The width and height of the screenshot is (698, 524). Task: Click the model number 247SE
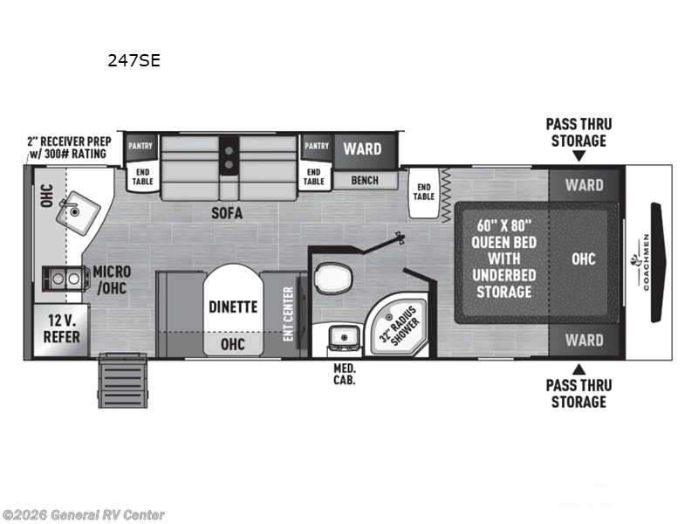(133, 61)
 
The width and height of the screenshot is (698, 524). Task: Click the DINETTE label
(232, 307)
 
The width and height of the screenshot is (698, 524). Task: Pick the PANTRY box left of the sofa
(140, 146)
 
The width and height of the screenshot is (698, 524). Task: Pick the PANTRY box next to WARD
(316, 146)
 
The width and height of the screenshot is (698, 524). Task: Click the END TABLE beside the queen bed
(424, 190)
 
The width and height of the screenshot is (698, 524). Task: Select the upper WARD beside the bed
(584, 185)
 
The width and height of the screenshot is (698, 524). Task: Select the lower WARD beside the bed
(584, 340)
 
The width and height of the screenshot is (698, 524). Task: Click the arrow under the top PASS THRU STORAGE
(578, 156)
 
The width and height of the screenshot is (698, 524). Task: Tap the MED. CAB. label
(344, 374)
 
